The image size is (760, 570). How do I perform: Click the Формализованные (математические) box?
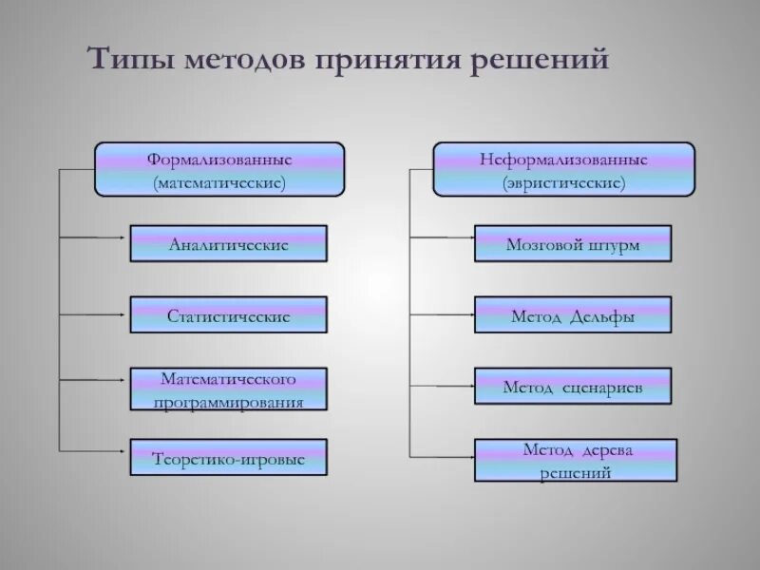[x=218, y=169]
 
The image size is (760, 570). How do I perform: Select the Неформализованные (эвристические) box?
[x=564, y=169]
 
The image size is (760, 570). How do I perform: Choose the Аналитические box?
[x=228, y=244]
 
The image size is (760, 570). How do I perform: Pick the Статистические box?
[x=228, y=314]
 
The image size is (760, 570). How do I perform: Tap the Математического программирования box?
[x=228, y=389]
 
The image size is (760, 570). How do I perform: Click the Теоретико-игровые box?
[x=228, y=458]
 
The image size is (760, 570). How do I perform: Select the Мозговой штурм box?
[x=573, y=244]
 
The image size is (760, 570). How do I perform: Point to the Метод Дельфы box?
[x=573, y=314]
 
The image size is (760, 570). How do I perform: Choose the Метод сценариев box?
[x=573, y=386]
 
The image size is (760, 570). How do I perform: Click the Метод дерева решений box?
[x=576, y=459]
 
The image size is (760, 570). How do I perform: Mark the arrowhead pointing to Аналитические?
[x=124, y=237]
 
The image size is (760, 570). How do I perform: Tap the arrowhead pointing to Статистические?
[x=124, y=314]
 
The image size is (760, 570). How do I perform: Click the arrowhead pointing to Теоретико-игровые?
[x=124, y=448]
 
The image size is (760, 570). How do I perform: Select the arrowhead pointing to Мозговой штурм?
[x=469, y=236]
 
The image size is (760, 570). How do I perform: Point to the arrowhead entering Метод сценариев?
[x=469, y=386]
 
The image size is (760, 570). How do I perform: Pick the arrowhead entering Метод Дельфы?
[x=469, y=314]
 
